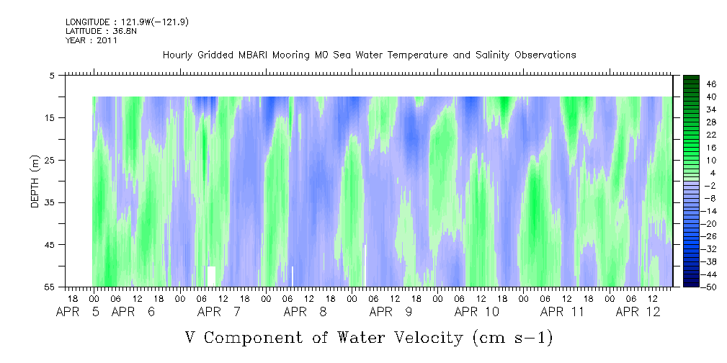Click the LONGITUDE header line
tap(127, 22)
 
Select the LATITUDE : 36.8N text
tap(101, 31)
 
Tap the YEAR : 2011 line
tap(92, 40)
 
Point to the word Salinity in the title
tap(492, 55)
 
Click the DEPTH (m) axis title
tap(35, 181)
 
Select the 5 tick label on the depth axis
tap(51, 75)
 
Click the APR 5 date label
tap(78, 312)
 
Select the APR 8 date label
tap(305, 312)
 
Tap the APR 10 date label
tap(477, 312)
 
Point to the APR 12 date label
tap(638, 312)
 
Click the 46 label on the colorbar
tap(710, 84)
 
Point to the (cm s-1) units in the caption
tap(512, 338)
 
